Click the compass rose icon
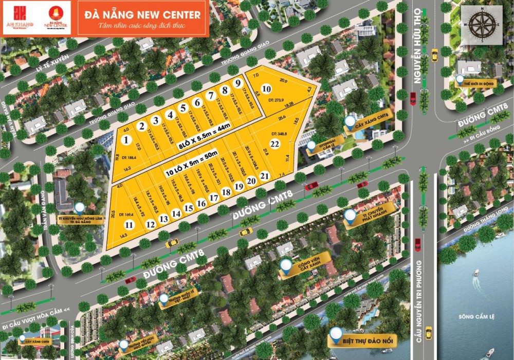(482, 23)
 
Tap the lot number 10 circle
(266, 89)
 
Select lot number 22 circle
(275, 143)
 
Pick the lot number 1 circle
(125, 139)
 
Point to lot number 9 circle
(237, 83)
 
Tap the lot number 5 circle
(182, 108)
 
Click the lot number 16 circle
(201, 203)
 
